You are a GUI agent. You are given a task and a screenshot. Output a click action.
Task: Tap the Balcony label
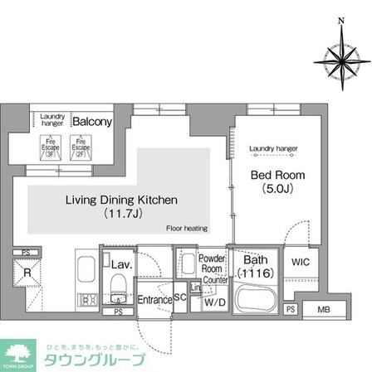tap(91, 122)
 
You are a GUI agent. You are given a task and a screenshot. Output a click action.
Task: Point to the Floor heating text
tap(186, 228)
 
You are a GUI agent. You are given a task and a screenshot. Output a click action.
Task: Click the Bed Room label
tap(277, 175)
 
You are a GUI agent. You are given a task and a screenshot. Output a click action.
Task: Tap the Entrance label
tap(154, 299)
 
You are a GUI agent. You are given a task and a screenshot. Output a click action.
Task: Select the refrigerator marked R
tap(27, 271)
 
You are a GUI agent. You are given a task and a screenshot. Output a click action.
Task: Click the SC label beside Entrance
tap(179, 298)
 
